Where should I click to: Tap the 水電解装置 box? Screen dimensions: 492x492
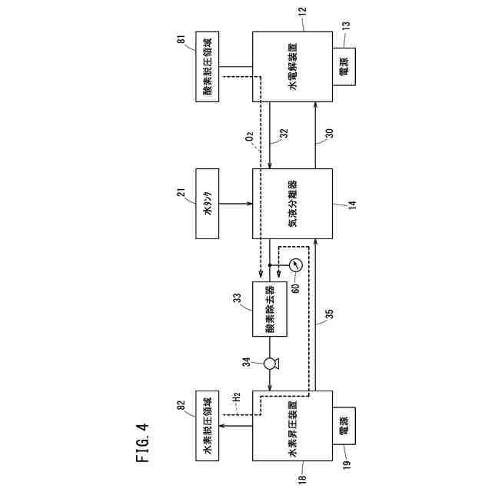[292, 68]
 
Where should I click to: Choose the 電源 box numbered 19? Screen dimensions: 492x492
[342, 436]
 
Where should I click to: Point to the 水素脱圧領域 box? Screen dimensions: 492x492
[207, 436]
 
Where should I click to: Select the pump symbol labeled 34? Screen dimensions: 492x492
[271, 363]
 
